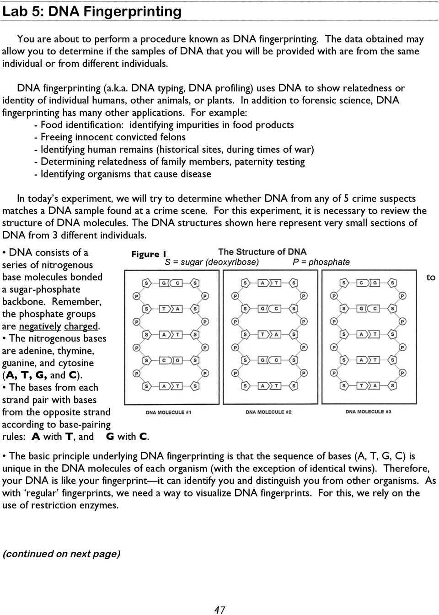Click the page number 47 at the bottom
coord(219,610)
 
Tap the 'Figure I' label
coord(149,254)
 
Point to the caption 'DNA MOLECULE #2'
coord(268,412)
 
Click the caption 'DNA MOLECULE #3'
coord(368,412)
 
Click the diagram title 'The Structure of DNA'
coord(262,251)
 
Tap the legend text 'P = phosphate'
coord(321,262)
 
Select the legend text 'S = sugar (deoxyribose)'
coord(212,262)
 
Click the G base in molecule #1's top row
coord(164,283)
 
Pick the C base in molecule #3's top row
coord(361,283)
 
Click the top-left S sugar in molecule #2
coord(245,283)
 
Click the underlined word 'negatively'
coord(40,326)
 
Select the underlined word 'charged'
coord(81,326)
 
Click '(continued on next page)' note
coord(61,554)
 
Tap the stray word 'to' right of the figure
coord(431,277)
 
